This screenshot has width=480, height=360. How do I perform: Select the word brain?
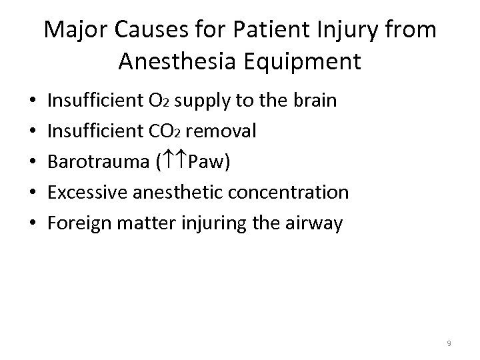click(x=312, y=101)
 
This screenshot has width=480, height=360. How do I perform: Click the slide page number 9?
click(x=449, y=343)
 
